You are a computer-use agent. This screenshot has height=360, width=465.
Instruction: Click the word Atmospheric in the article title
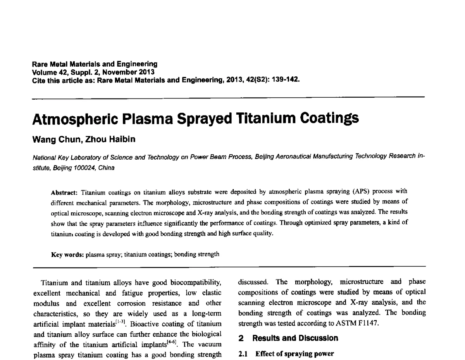[x=71, y=119]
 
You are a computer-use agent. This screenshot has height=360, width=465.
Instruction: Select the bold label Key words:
[x=67, y=255]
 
